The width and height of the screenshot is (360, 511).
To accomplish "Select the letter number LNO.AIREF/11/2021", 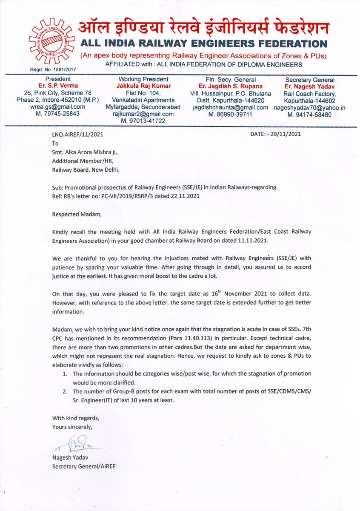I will point(77,134).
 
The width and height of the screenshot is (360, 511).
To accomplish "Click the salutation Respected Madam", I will point(77,215).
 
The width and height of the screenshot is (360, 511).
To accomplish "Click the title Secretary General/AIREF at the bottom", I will point(83,466).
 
